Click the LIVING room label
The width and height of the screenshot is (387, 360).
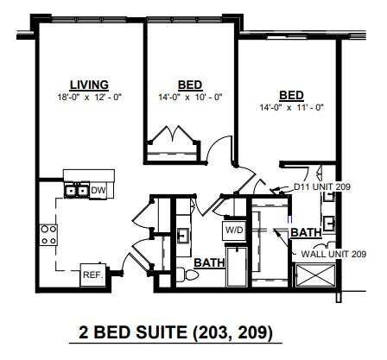[x=89, y=85]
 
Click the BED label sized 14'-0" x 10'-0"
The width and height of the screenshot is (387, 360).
[x=189, y=85]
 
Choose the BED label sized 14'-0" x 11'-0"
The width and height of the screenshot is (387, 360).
[x=290, y=95]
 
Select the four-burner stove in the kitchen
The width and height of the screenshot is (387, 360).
[x=48, y=233]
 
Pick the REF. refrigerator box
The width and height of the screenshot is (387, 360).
[x=92, y=275]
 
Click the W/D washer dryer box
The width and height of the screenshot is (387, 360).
[x=234, y=231]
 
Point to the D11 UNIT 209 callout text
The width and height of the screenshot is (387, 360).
[x=321, y=186]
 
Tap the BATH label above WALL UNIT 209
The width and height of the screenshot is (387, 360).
[x=306, y=233]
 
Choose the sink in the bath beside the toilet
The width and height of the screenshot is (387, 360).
[x=183, y=234]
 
